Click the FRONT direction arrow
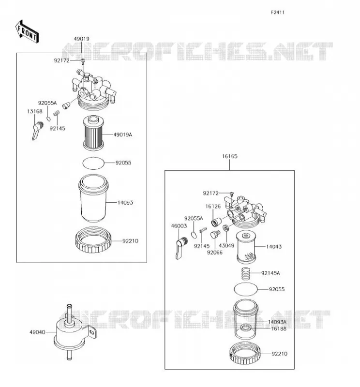27,32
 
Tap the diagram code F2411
278,13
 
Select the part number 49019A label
123,135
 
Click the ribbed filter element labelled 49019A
93,134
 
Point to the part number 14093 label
125,203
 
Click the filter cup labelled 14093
93,198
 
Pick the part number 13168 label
34,111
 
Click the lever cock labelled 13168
37,131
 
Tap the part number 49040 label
37,332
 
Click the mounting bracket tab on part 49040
91,332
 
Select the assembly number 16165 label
229,156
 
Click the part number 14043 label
274,247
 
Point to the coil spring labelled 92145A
246,274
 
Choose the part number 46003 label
179,226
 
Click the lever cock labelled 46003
181,248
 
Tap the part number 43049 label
226,246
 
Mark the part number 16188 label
279,329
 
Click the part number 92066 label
214,253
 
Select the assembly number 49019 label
81,39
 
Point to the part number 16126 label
213,207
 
